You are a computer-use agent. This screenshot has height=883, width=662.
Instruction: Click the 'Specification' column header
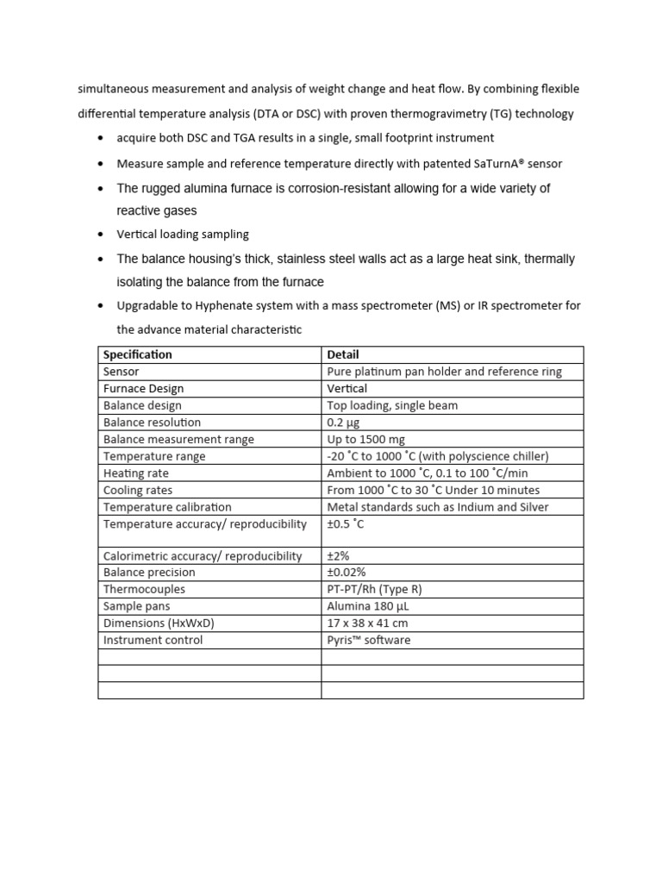(138, 354)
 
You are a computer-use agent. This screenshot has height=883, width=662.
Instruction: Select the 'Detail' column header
(343, 354)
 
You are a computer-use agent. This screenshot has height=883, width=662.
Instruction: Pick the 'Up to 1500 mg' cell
(365, 440)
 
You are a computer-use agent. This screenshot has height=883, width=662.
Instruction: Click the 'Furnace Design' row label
(143, 389)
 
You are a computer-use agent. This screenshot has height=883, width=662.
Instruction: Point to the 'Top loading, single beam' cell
(392, 405)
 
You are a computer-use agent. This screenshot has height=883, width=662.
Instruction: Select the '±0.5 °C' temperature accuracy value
(347, 524)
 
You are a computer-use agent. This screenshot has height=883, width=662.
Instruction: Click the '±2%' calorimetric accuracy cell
(339, 556)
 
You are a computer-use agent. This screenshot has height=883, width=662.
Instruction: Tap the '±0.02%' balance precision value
(347, 573)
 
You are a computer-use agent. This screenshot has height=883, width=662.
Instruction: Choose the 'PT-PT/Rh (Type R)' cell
(375, 590)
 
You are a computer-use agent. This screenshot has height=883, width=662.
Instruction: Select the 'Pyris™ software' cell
(369, 640)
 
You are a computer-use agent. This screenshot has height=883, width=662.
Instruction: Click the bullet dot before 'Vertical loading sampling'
(103, 234)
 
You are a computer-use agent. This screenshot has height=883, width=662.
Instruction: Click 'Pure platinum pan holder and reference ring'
(445, 372)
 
